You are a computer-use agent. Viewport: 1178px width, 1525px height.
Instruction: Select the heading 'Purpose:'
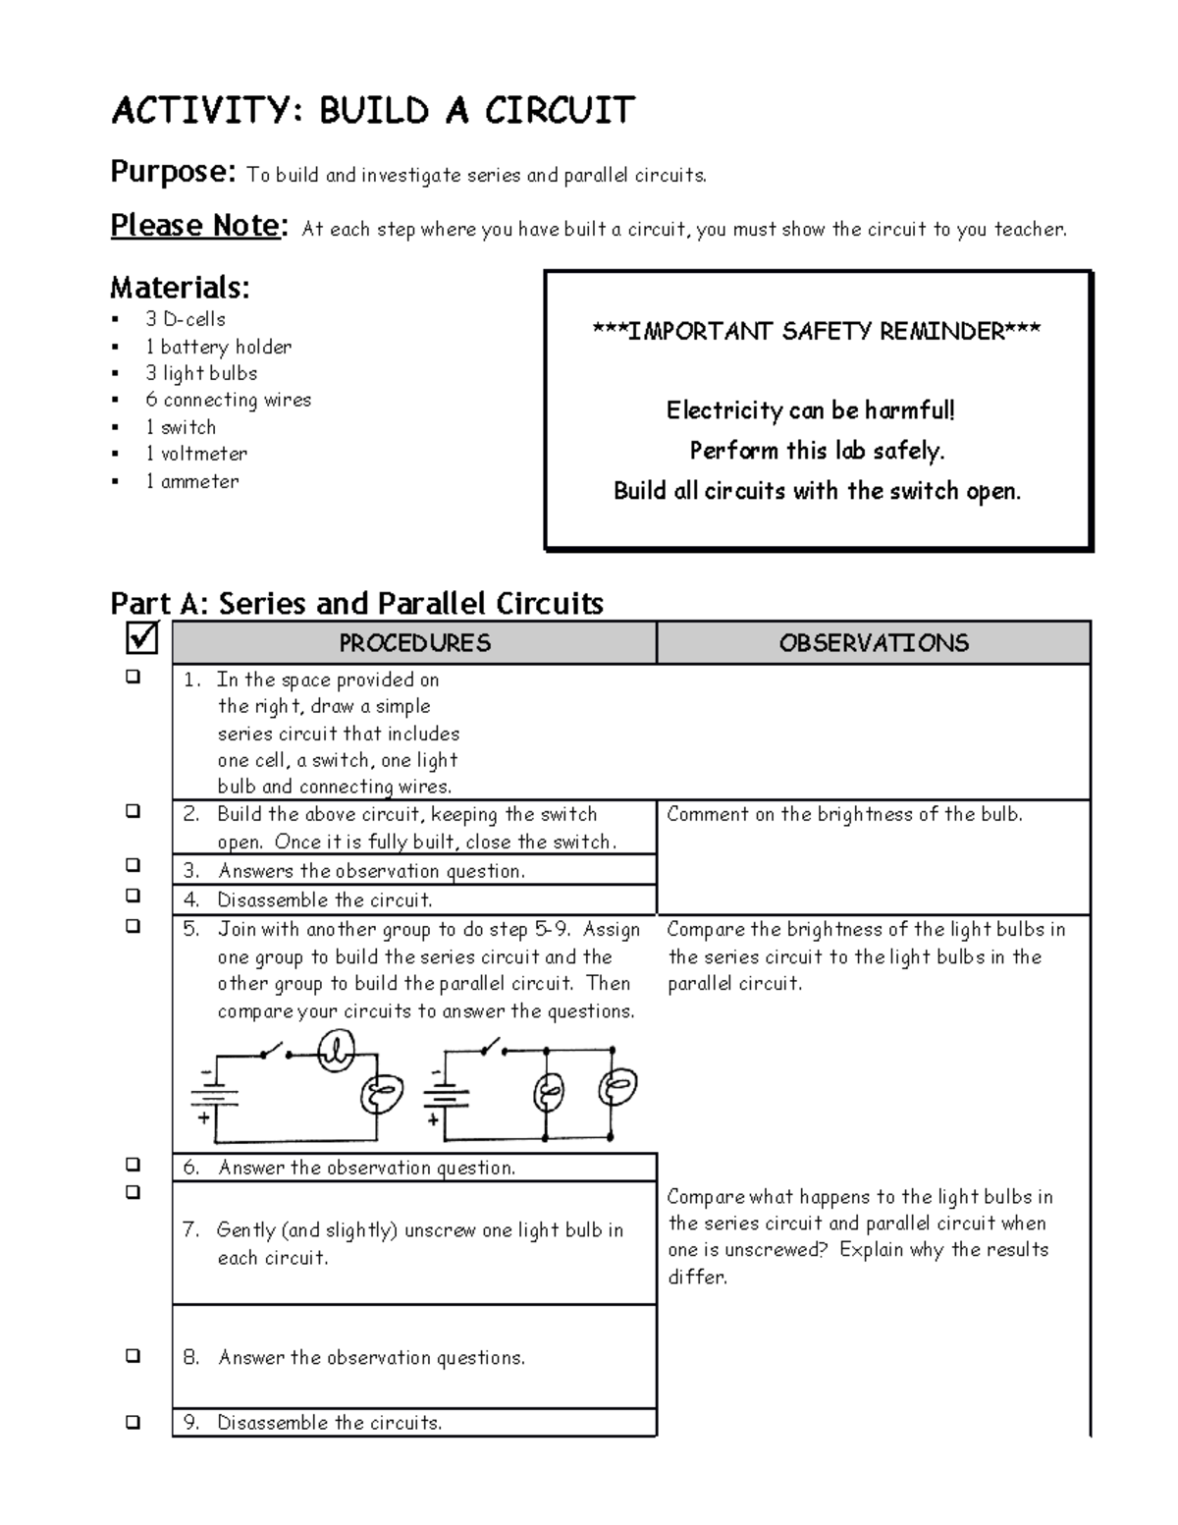[173, 172]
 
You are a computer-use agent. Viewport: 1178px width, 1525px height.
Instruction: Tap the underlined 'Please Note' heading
[195, 226]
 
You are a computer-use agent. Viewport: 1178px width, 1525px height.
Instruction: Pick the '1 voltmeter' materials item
[195, 454]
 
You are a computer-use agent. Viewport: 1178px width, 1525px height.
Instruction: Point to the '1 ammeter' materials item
[191, 481]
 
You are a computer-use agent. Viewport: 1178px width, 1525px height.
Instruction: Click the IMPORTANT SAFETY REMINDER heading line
[817, 331]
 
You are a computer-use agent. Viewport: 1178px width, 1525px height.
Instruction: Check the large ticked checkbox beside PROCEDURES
[142, 639]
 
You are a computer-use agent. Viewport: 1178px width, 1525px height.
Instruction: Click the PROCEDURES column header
[414, 643]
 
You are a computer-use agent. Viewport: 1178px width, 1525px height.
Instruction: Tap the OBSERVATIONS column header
[874, 643]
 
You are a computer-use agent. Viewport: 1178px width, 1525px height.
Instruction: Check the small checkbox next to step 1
[133, 677]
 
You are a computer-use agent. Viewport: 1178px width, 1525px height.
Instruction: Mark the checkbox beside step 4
[133, 896]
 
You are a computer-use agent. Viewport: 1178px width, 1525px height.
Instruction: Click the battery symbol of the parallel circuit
[447, 1092]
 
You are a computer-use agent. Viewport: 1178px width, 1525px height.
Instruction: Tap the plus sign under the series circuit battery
[204, 1117]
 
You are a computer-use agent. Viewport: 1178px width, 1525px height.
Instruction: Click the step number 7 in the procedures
[190, 1230]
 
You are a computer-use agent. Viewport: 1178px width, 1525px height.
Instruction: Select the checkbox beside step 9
[133, 1421]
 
